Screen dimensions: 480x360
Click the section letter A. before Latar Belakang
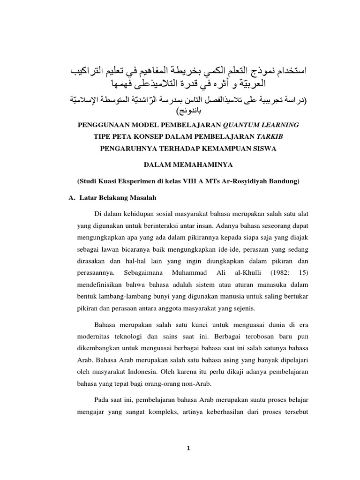click(x=72, y=197)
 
